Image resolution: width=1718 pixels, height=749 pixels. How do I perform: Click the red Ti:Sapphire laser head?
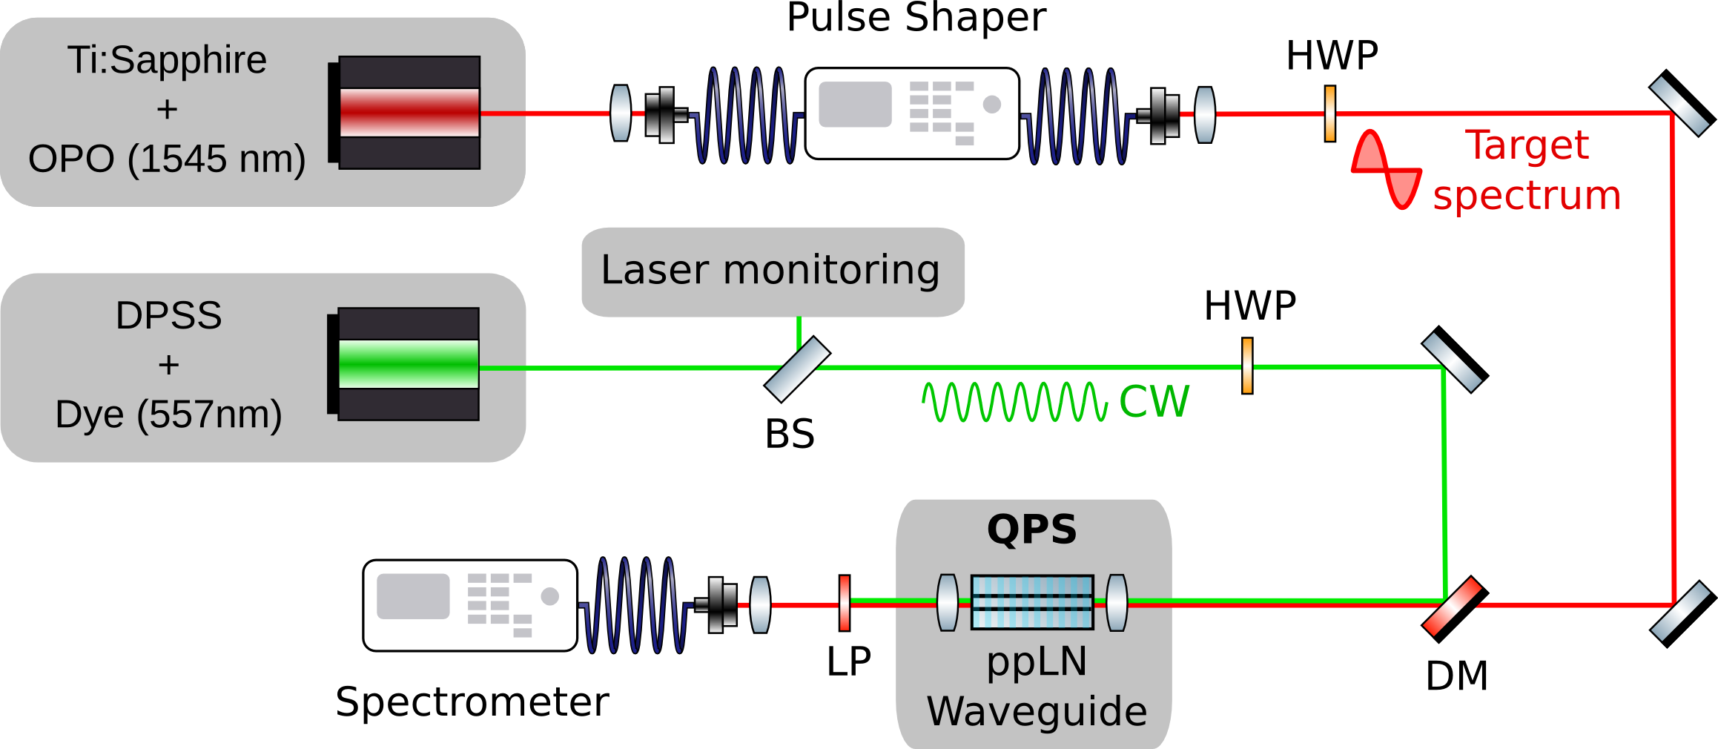[409, 113]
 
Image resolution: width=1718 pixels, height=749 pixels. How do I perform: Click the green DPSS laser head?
[408, 364]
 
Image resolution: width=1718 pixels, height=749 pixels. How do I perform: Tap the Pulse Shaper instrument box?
[912, 113]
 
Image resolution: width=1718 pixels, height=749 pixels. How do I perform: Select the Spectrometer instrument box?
[470, 605]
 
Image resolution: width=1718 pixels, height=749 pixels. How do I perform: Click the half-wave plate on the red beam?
[1330, 113]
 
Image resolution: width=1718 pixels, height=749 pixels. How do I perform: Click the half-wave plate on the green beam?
[1248, 366]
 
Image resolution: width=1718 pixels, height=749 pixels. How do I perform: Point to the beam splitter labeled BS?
[797, 369]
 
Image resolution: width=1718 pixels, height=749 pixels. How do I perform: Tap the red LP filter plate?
[845, 603]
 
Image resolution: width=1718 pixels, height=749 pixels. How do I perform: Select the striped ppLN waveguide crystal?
[1032, 602]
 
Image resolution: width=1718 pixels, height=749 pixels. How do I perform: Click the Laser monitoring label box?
[773, 271]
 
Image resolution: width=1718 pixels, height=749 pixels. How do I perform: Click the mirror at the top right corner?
[1681, 103]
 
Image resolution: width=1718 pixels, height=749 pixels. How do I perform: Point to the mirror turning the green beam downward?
[1454, 359]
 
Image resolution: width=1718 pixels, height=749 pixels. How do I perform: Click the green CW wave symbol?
[1014, 402]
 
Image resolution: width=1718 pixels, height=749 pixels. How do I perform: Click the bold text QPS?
[1031, 529]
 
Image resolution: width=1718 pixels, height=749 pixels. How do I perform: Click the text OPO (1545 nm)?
[167, 159]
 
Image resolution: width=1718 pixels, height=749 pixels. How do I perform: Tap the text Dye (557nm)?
[168, 415]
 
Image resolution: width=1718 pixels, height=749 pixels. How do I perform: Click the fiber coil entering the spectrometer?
[635, 605]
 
